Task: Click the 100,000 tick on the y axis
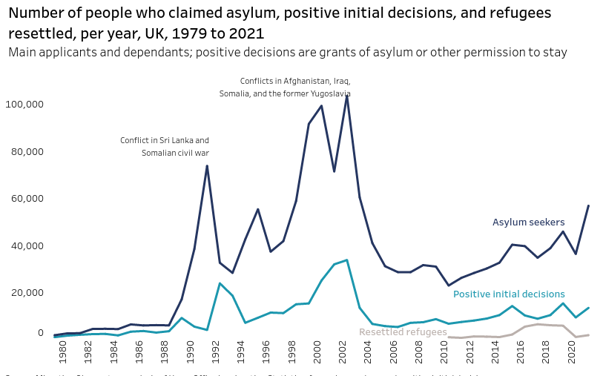coord(24,105)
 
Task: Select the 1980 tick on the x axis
coord(63,352)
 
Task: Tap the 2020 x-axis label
coord(571,352)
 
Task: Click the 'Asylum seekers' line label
coord(528,222)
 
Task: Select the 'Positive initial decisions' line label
coord(509,294)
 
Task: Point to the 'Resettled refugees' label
coord(403,332)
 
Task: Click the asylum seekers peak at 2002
coord(347,96)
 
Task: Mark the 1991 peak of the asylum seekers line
coord(207,165)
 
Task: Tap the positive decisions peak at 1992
coord(220,283)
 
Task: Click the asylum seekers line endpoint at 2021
coord(589,205)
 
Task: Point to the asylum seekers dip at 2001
coord(334,171)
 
